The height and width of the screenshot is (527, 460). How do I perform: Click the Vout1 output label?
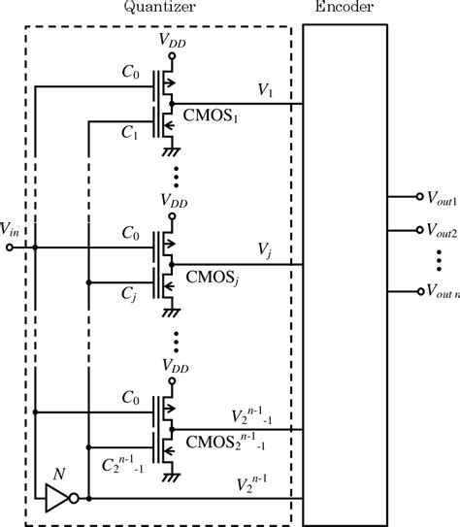pyautogui.click(x=435, y=196)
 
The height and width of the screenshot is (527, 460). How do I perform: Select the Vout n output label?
pyautogui.click(x=435, y=290)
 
